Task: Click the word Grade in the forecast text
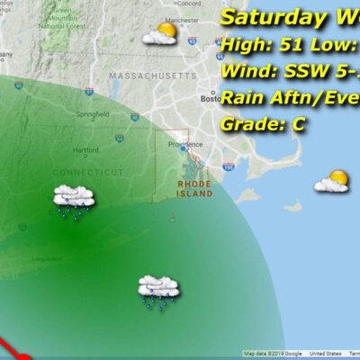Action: tap(248, 124)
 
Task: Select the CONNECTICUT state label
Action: tap(87, 172)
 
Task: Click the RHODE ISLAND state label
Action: tap(194, 188)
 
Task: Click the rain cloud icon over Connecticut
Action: tap(75, 200)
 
